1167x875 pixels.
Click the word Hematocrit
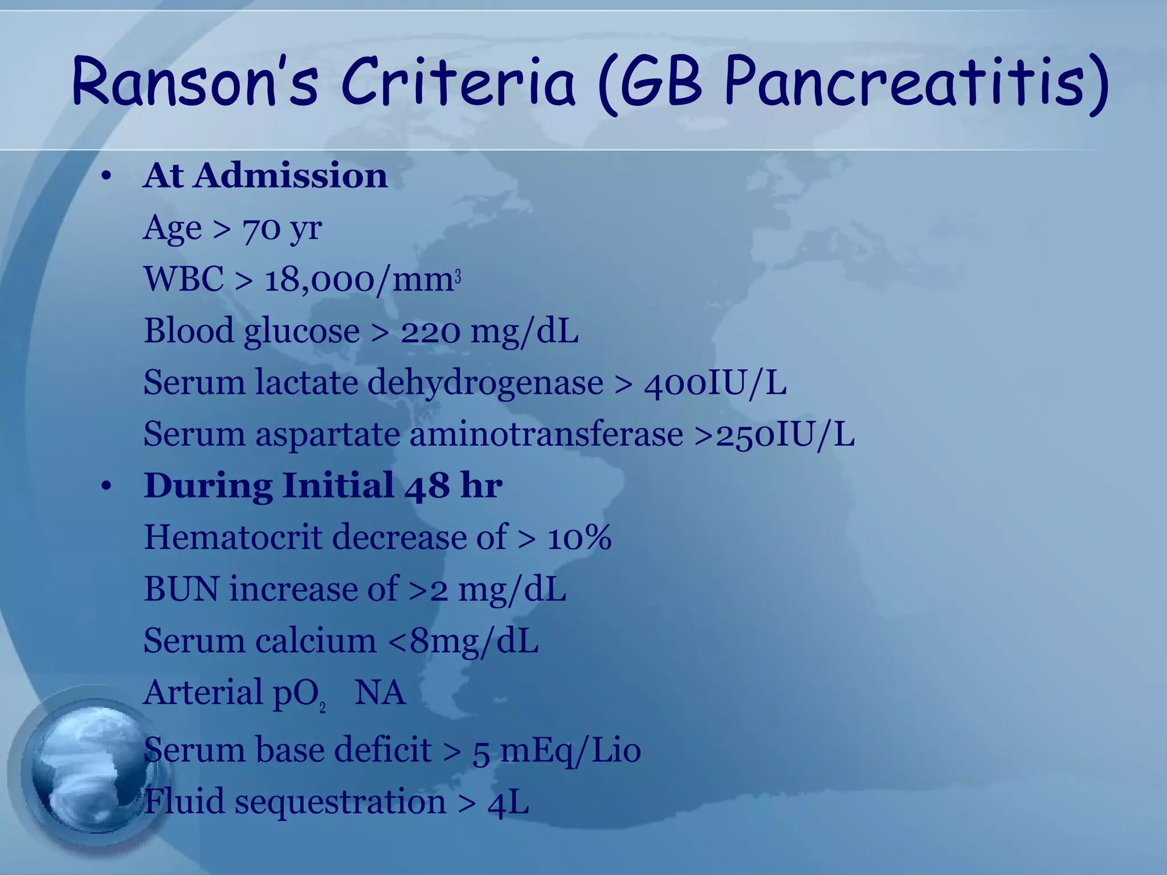(x=232, y=537)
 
